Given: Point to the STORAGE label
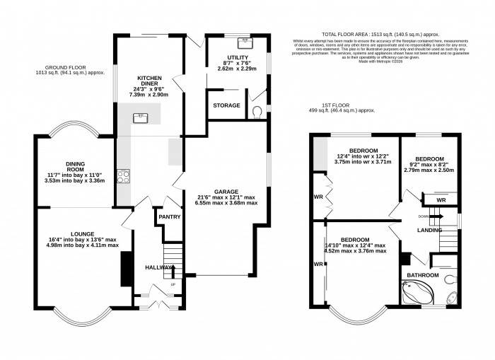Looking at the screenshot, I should pos(226,105).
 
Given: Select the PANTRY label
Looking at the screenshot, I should pos(170,217).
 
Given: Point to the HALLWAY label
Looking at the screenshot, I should pos(160,267).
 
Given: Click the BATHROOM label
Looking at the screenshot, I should pos(421,275).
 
